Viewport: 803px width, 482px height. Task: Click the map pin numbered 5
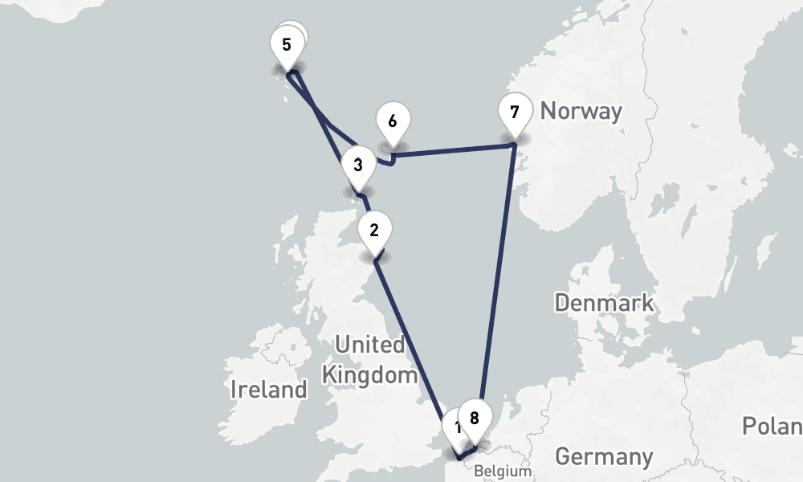[x=286, y=45]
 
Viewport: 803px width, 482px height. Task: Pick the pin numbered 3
[x=357, y=166]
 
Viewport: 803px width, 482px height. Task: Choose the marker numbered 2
[x=373, y=229]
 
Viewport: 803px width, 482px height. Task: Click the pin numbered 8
[x=475, y=418]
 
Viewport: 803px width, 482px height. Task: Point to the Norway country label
[x=581, y=111]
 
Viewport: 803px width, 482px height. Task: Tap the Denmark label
[x=604, y=304]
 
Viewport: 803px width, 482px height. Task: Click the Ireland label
[x=268, y=390]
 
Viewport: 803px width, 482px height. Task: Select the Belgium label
[x=503, y=471]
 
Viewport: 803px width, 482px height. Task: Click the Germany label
[x=603, y=457]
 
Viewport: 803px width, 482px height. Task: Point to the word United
[x=369, y=345]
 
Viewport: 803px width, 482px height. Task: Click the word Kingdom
[x=369, y=374]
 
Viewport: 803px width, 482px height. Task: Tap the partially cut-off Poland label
[x=772, y=426]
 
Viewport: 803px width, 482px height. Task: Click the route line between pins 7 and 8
[x=498, y=281]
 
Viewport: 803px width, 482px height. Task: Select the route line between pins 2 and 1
[x=414, y=345]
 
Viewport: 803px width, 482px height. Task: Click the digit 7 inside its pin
[x=514, y=111]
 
